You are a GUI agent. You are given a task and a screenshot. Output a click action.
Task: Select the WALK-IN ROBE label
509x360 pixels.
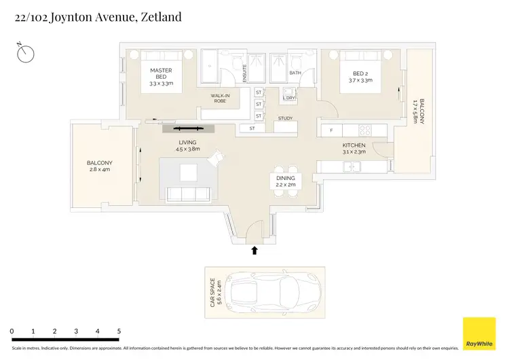tap(219, 98)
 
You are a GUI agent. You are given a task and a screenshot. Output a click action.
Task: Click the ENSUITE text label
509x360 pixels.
tap(244, 71)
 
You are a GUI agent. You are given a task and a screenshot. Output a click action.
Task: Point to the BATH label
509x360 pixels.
tap(295, 73)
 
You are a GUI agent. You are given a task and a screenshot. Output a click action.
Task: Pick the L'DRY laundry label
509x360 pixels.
tap(288, 98)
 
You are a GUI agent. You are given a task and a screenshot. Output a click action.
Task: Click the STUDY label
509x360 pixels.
tap(285, 120)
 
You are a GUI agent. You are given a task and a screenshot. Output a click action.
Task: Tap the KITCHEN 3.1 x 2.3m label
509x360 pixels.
tap(354, 149)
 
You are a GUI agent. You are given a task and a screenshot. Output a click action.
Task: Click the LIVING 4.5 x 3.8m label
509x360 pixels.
tap(187, 145)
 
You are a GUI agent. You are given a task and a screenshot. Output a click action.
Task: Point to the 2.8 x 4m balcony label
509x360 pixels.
tap(99, 166)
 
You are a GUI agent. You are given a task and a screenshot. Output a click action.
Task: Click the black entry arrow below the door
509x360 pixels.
tap(254, 250)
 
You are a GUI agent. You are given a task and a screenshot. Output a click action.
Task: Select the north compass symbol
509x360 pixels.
tap(26, 52)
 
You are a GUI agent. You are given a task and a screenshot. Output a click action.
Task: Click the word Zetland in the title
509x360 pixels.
tap(161, 16)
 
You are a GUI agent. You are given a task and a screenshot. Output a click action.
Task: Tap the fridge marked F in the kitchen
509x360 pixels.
tap(332, 130)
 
